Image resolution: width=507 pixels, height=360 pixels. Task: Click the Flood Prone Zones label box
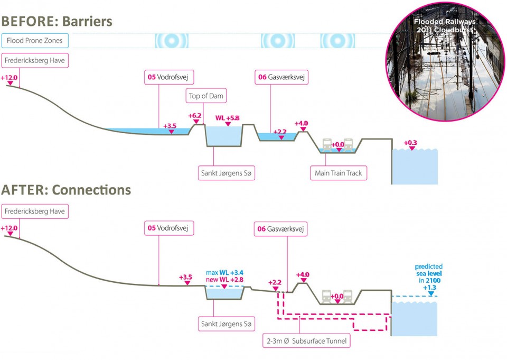click(35, 41)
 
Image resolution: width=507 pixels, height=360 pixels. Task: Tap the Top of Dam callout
click(206, 96)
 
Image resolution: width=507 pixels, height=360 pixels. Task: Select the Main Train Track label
click(339, 173)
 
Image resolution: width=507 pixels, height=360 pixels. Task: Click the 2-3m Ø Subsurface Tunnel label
click(306, 341)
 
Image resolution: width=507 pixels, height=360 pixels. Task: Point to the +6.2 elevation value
click(195, 116)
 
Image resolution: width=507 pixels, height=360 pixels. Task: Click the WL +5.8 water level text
click(228, 118)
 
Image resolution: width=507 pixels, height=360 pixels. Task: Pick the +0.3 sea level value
click(410, 143)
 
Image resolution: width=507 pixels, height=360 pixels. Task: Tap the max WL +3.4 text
click(225, 273)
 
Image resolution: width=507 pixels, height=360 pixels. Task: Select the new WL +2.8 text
click(225, 280)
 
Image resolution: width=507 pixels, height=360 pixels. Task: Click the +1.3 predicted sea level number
click(429, 288)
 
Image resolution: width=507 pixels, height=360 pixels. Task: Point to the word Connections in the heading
click(91, 190)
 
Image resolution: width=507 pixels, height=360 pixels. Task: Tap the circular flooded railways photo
click(445, 61)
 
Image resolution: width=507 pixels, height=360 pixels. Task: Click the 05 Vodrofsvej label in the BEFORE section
click(169, 77)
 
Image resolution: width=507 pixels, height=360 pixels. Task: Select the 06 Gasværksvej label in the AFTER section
click(280, 229)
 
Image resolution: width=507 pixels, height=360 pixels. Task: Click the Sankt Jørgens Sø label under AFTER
click(227, 324)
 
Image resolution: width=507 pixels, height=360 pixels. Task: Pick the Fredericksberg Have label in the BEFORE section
click(35, 61)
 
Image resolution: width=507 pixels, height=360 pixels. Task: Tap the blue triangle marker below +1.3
click(431, 293)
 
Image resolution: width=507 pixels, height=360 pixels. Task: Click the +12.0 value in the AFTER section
click(9, 228)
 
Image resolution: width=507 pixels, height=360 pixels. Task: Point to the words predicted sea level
click(429, 270)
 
